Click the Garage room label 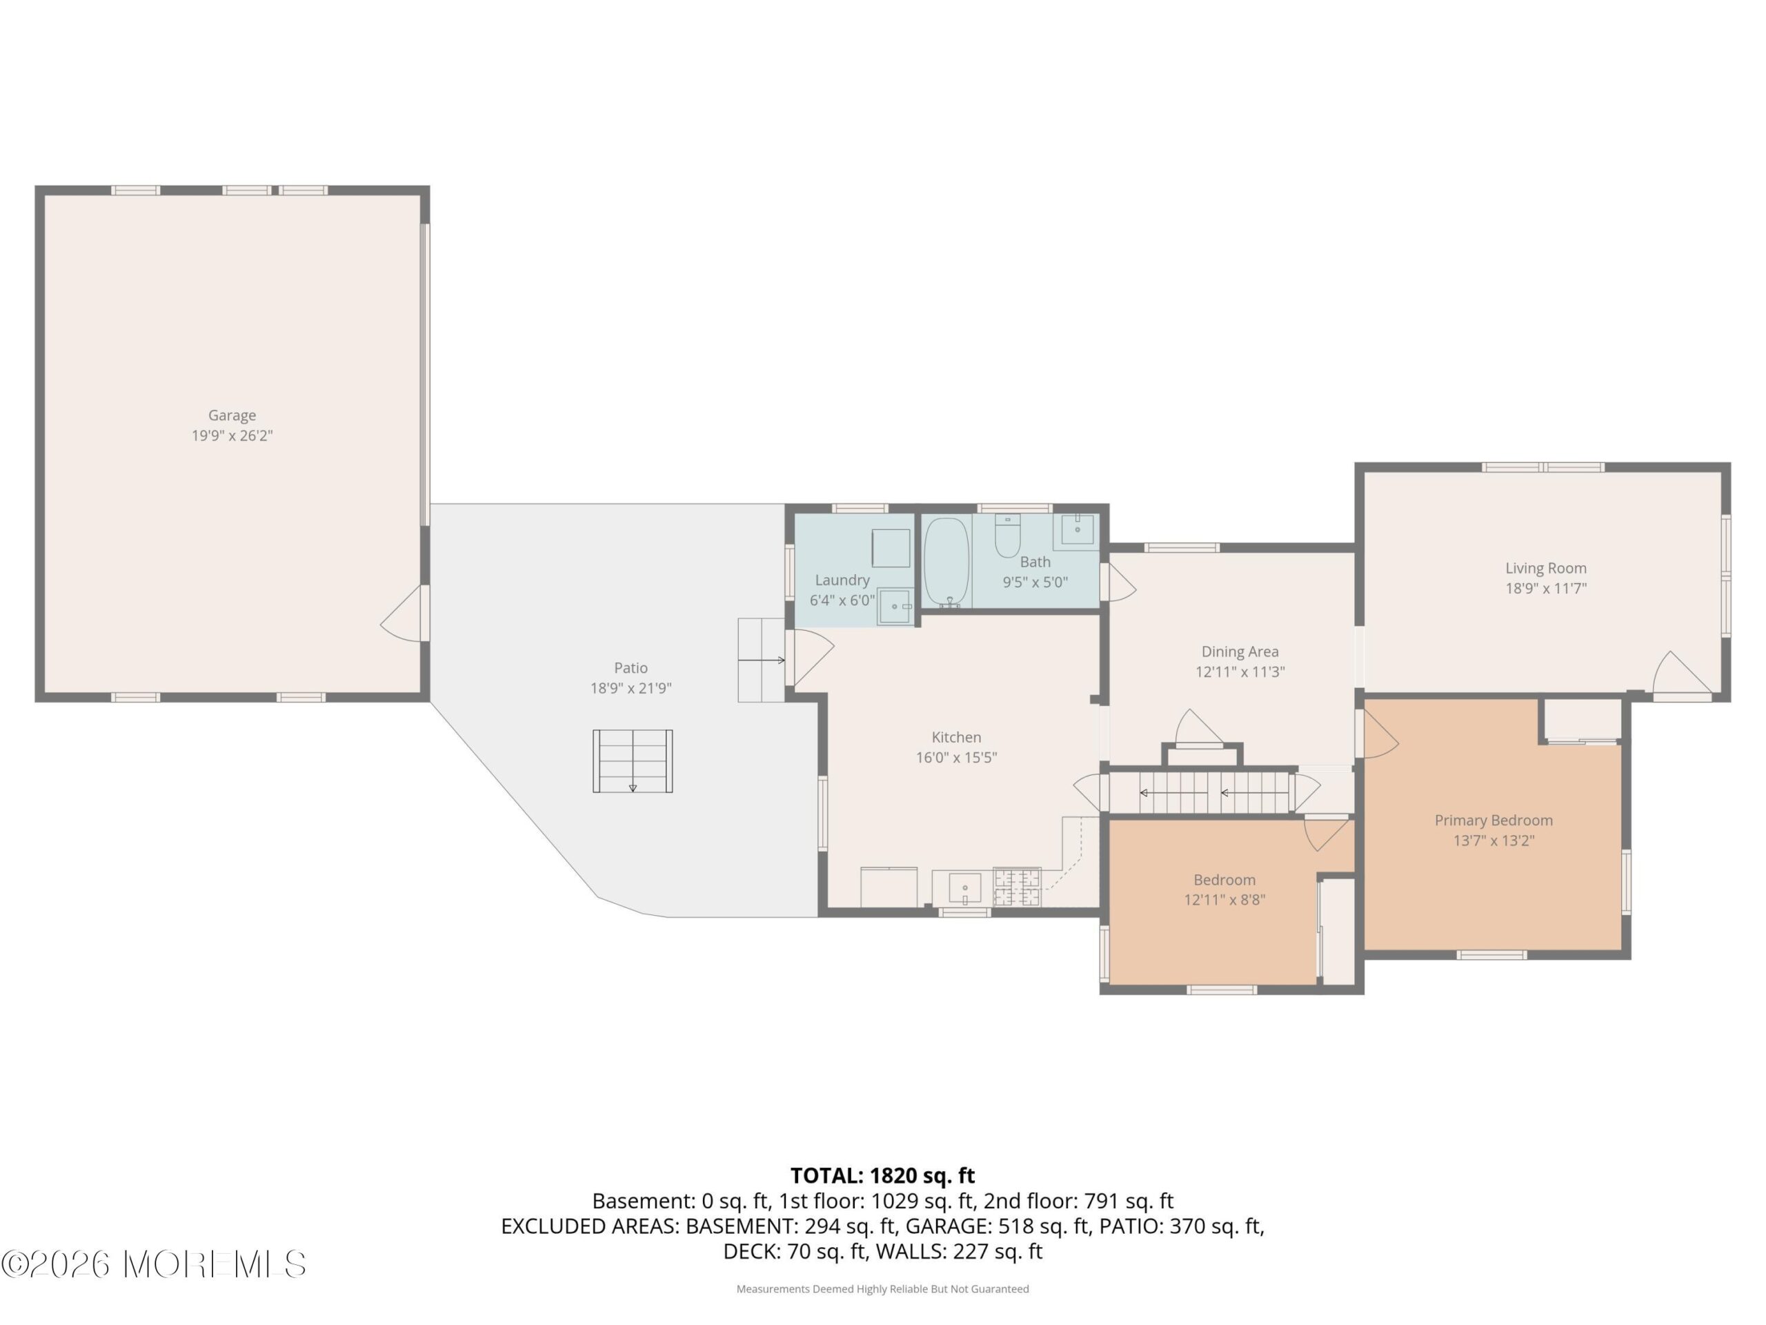(232, 415)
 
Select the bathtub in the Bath (947, 562)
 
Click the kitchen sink (964, 887)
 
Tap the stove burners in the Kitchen (1017, 887)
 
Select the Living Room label (1546, 569)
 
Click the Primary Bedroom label (1494, 821)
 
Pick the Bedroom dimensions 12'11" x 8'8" (1224, 900)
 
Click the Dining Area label (1240, 651)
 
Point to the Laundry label (842, 580)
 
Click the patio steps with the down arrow (633, 761)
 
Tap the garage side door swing (403, 614)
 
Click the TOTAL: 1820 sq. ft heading (882, 1176)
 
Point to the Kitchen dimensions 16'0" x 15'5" (956, 758)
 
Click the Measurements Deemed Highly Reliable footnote (882, 1289)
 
